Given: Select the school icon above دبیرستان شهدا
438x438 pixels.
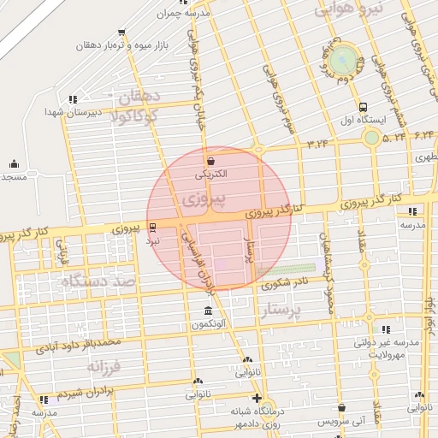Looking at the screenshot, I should pyautogui.click(x=73, y=98).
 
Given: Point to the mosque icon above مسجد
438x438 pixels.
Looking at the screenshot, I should pyautogui.click(x=14, y=163).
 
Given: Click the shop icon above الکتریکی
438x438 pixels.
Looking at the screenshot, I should pyautogui.click(x=210, y=160).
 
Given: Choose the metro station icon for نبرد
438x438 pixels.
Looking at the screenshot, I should pyautogui.click(x=152, y=228).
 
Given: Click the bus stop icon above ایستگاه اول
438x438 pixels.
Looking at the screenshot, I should pyautogui.click(x=364, y=108).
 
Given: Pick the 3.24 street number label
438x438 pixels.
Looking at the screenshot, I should pyautogui.click(x=317, y=142).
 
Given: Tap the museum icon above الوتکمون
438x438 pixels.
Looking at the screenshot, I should pyautogui.click(x=208, y=311).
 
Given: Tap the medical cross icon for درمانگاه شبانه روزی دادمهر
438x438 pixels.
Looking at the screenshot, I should pyautogui.click(x=256, y=398).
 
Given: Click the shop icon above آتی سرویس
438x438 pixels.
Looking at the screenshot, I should pyautogui.click(x=341, y=409).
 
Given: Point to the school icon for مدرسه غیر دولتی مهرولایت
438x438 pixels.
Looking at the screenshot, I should pyautogui.click(x=386, y=328).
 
